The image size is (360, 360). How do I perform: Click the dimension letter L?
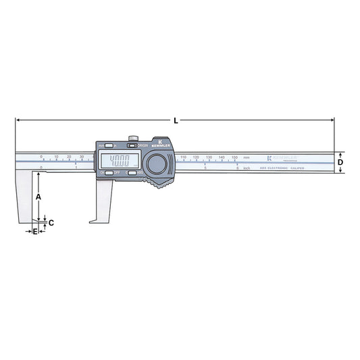[x=176, y=120]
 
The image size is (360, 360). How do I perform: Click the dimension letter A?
[x=38, y=195]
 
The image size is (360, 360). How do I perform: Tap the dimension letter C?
[x=51, y=222]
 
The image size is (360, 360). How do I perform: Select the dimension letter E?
[x=35, y=231]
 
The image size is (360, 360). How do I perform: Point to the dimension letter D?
[x=340, y=162]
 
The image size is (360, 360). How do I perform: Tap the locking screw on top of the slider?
[x=135, y=140]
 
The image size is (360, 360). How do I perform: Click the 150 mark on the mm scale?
[x=234, y=157]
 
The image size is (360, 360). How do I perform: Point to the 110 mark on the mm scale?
[x=184, y=157]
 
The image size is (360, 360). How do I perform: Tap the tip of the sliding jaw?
[x=90, y=220]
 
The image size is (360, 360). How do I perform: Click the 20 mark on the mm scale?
[x=69, y=157]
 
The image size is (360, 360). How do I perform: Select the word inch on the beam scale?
[x=248, y=168]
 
